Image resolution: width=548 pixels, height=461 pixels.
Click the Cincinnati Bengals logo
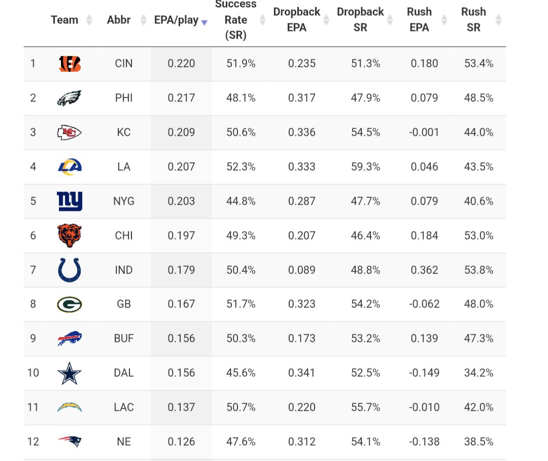coord(70,64)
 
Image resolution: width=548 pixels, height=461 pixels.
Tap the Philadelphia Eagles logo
coord(70,98)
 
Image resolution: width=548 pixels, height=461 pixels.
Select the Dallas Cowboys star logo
coord(70,373)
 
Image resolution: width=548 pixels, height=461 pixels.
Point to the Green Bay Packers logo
coord(70,304)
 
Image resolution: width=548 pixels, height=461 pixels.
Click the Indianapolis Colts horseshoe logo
coord(70,270)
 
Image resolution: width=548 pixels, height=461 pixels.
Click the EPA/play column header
coord(176,21)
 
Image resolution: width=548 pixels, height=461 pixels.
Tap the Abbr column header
coord(119,20)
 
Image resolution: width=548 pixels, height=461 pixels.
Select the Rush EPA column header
coord(419,19)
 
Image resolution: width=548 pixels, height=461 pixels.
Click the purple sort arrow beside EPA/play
coord(204,22)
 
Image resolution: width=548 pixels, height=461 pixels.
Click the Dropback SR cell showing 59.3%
coord(365,167)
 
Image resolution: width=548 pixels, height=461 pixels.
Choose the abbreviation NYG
coord(124,201)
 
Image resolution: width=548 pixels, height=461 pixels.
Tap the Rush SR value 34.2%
coord(478,373)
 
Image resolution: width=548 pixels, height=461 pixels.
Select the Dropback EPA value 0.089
coord(301,270)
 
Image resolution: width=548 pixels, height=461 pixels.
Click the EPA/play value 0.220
coord(181,64)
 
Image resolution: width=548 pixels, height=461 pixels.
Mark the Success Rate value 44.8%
coord(241,201)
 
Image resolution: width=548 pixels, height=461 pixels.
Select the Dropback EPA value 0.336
coord(301,133)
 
